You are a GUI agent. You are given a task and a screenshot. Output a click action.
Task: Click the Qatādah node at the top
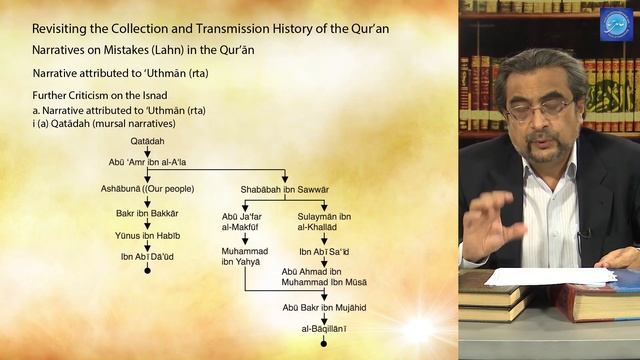[x=147, y=142]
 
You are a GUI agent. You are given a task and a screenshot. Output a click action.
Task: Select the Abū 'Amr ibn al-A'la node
[x=147, y=160]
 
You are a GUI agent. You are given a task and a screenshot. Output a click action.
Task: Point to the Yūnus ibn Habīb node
[x=147, y=236]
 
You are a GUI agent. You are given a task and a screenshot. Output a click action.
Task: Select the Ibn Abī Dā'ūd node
[x=147, y=257]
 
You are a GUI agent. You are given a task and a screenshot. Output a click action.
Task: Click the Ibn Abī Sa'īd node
[x=326, y=251]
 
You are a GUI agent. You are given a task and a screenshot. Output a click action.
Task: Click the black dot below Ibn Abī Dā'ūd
[x=147, y=271]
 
